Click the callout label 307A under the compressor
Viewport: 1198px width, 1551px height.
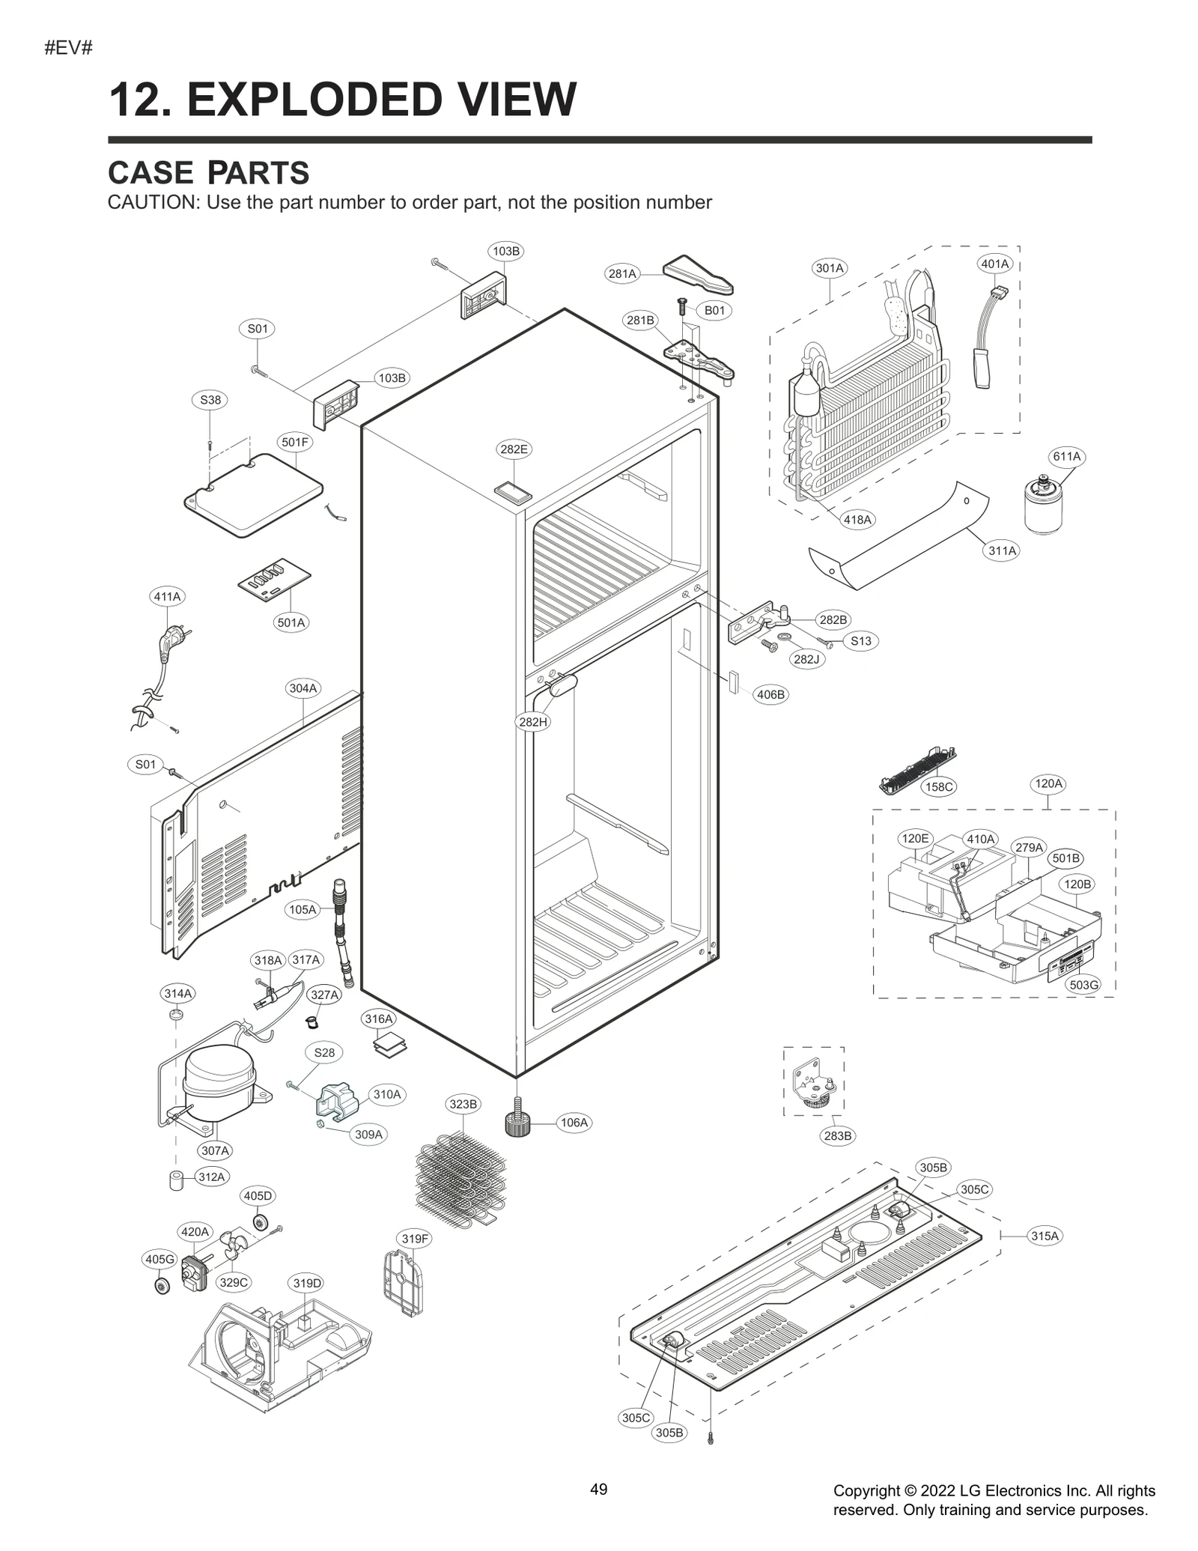point(215,1150)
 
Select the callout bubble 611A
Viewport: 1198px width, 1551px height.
point(1066,456)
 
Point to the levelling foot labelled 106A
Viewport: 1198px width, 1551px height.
point(517,1123)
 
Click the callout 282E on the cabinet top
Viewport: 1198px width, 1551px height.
point(514,449)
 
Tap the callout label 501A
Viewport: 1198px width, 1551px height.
point(291,622)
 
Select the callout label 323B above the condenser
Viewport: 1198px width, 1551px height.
point(463,1104)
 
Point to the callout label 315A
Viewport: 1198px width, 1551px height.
point(1045,1236)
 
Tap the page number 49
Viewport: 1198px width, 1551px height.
point(598,1489)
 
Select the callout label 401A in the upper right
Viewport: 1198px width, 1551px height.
point(995,264)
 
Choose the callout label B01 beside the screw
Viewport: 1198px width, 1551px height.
point(714,310)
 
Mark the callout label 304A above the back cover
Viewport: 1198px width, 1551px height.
point(303,688)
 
